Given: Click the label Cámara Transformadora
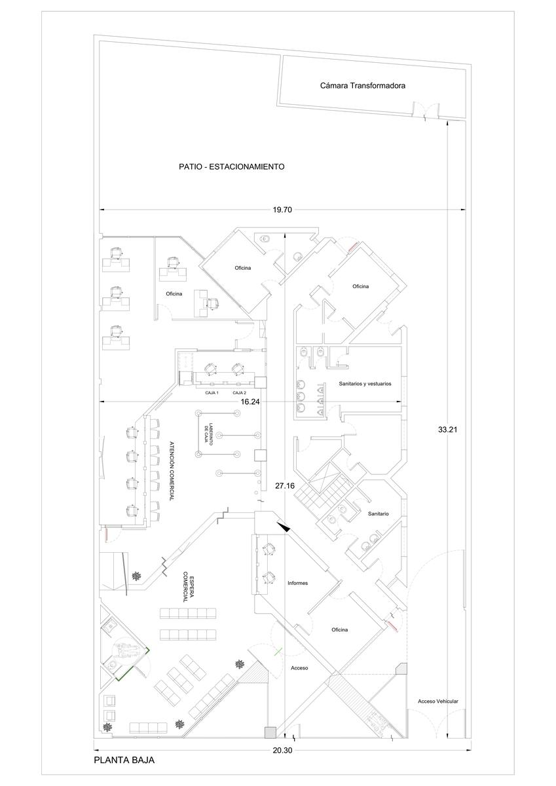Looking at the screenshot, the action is (x=362, y=86).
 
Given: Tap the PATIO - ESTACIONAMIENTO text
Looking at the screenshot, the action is (x=232, y=166).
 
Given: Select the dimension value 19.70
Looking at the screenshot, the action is (x=282, y=210).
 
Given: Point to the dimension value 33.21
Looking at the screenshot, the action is (x=447, y=429).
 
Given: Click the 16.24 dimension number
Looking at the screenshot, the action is (x=250, y=402).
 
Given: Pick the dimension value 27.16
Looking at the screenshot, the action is (x=285, y=486).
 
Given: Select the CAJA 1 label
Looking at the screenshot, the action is (x=212, y=393).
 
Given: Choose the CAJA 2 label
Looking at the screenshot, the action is (x=239, y=393).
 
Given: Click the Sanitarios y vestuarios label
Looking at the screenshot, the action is (x=365, y=384).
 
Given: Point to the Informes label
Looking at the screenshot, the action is (x=298, y=583).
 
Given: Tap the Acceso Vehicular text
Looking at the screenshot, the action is (x=437, y=702).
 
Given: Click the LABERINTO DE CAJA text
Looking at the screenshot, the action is (x=209, y=434).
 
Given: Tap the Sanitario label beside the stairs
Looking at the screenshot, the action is (x=378, y=514).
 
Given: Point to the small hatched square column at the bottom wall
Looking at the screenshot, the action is (x=270, y=732).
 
